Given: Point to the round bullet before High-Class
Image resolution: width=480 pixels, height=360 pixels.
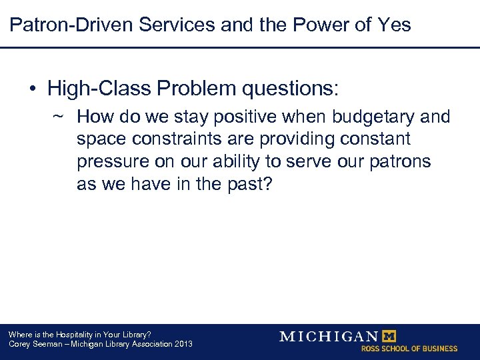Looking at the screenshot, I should (33, 88).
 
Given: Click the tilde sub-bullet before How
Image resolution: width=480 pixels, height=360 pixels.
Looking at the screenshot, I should (58, 116).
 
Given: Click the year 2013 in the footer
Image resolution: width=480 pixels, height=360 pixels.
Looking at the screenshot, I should (183, 344).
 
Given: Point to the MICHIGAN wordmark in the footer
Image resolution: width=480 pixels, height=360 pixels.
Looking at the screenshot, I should (328, 336).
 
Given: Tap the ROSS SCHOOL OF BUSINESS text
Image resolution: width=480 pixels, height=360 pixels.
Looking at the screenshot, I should (409, 349).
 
